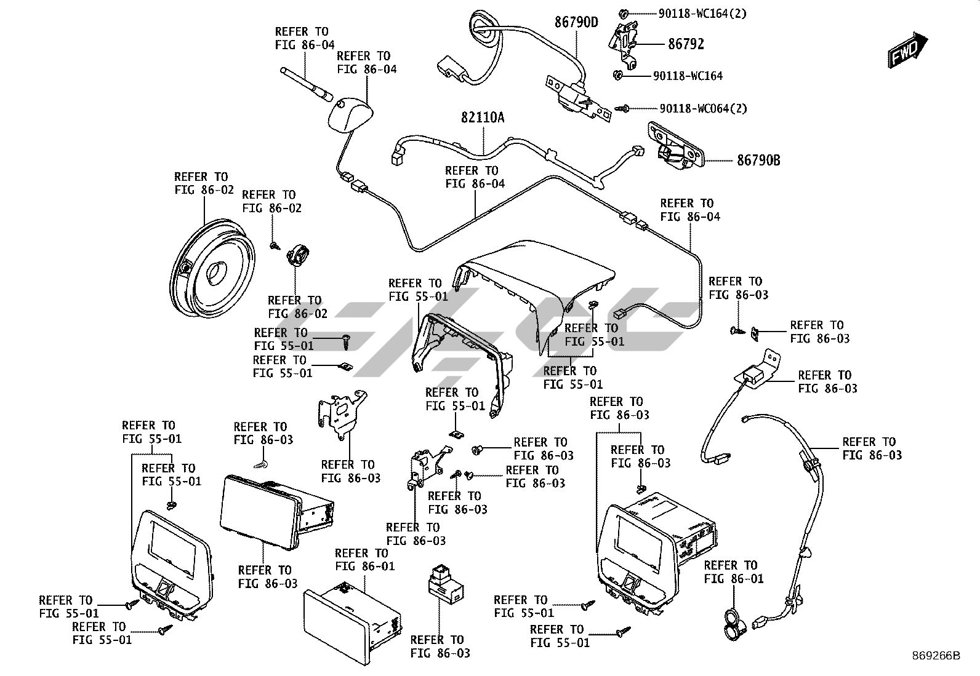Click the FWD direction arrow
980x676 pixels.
(907, 50)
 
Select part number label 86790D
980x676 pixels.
(576, 23)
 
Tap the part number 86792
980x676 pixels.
(686, 44)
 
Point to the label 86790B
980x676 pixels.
(758, 161)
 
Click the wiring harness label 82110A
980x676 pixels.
(483, 117)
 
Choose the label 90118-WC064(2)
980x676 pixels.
(703, 109)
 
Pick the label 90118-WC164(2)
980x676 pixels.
(702, 14)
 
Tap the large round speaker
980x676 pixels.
(211, 268)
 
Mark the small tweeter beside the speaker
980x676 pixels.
(299, 254)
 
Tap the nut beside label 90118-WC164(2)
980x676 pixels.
(623, 13)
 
